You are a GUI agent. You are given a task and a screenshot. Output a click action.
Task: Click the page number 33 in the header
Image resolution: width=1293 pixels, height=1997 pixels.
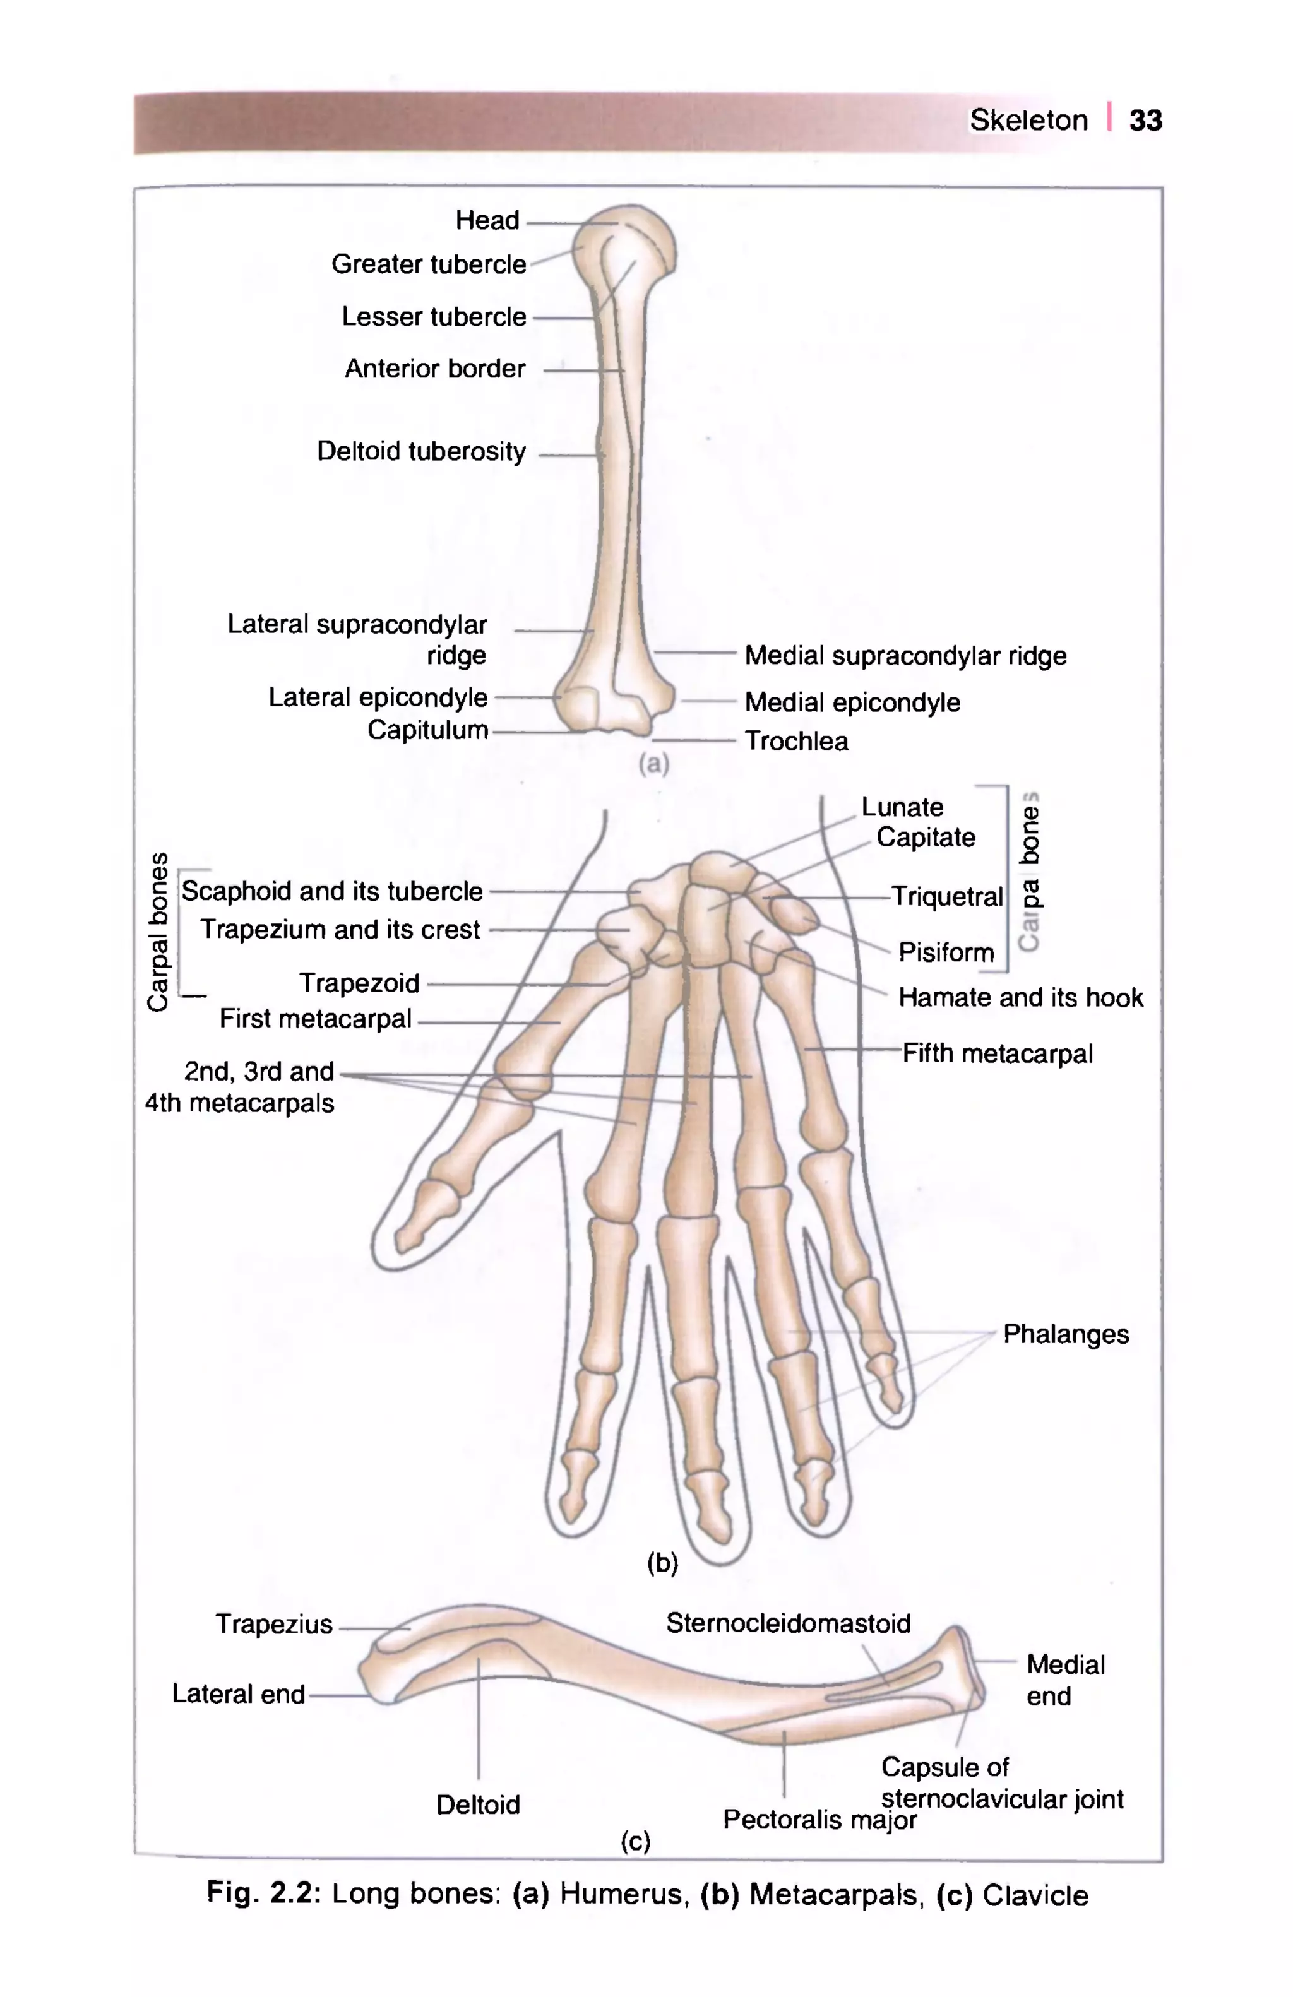pyautogui.click(x=1145, y=120)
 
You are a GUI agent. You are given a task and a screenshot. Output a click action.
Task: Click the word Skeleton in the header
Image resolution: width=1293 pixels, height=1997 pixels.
pyautogui.click(x=1028, y=120)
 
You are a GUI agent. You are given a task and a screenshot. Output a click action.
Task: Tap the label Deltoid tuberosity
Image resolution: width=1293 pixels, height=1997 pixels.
pyautogui.click(x=420, y=451)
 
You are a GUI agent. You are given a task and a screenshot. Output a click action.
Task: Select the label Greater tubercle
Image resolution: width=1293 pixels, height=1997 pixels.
pyautogui.click(x=428, y=264)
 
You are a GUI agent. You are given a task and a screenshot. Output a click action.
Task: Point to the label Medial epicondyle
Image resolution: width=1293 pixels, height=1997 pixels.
pyautogui.click(x=852, y=702)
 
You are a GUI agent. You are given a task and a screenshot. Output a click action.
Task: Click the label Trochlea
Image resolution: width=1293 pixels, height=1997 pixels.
pyautogui.click(x=796, y=741)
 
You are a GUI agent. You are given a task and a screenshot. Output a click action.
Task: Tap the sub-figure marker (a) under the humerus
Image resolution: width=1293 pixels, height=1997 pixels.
pyautogui.click(x=653, y=764)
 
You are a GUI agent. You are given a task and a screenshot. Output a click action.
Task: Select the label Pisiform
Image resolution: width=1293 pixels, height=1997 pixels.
pyautogui.click(x=946, y=952)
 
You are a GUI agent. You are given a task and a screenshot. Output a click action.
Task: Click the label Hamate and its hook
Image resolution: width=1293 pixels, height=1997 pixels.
pyautogui.click(x=1020, y=998)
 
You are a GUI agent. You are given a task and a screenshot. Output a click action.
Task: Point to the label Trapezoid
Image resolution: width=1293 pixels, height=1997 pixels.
pyautogui.click(x=359, y=983)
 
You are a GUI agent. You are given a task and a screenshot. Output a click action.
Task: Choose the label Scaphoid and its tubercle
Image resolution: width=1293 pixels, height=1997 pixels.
pyautogui.click(x=332, y=891)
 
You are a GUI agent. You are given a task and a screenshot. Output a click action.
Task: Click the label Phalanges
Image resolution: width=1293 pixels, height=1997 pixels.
pyautogui.click(x=1066, y=1334)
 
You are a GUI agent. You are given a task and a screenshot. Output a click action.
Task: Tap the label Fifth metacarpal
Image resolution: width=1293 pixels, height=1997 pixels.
pyautogui.click(x=997, y=1054)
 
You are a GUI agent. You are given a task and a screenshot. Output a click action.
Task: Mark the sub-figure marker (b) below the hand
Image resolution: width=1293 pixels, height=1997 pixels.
pyautogui.click(x=662, y=1562)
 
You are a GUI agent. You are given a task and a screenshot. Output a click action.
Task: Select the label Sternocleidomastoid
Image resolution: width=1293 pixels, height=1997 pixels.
pyautogui.click(x=788, y=1623)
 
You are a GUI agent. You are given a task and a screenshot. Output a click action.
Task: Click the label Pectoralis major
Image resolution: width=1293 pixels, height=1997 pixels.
pyautogui.click(x=819, y=1820)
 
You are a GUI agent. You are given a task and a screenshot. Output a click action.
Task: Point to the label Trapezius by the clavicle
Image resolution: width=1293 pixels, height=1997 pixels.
pyautogui.click(x=273, y=1625)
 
